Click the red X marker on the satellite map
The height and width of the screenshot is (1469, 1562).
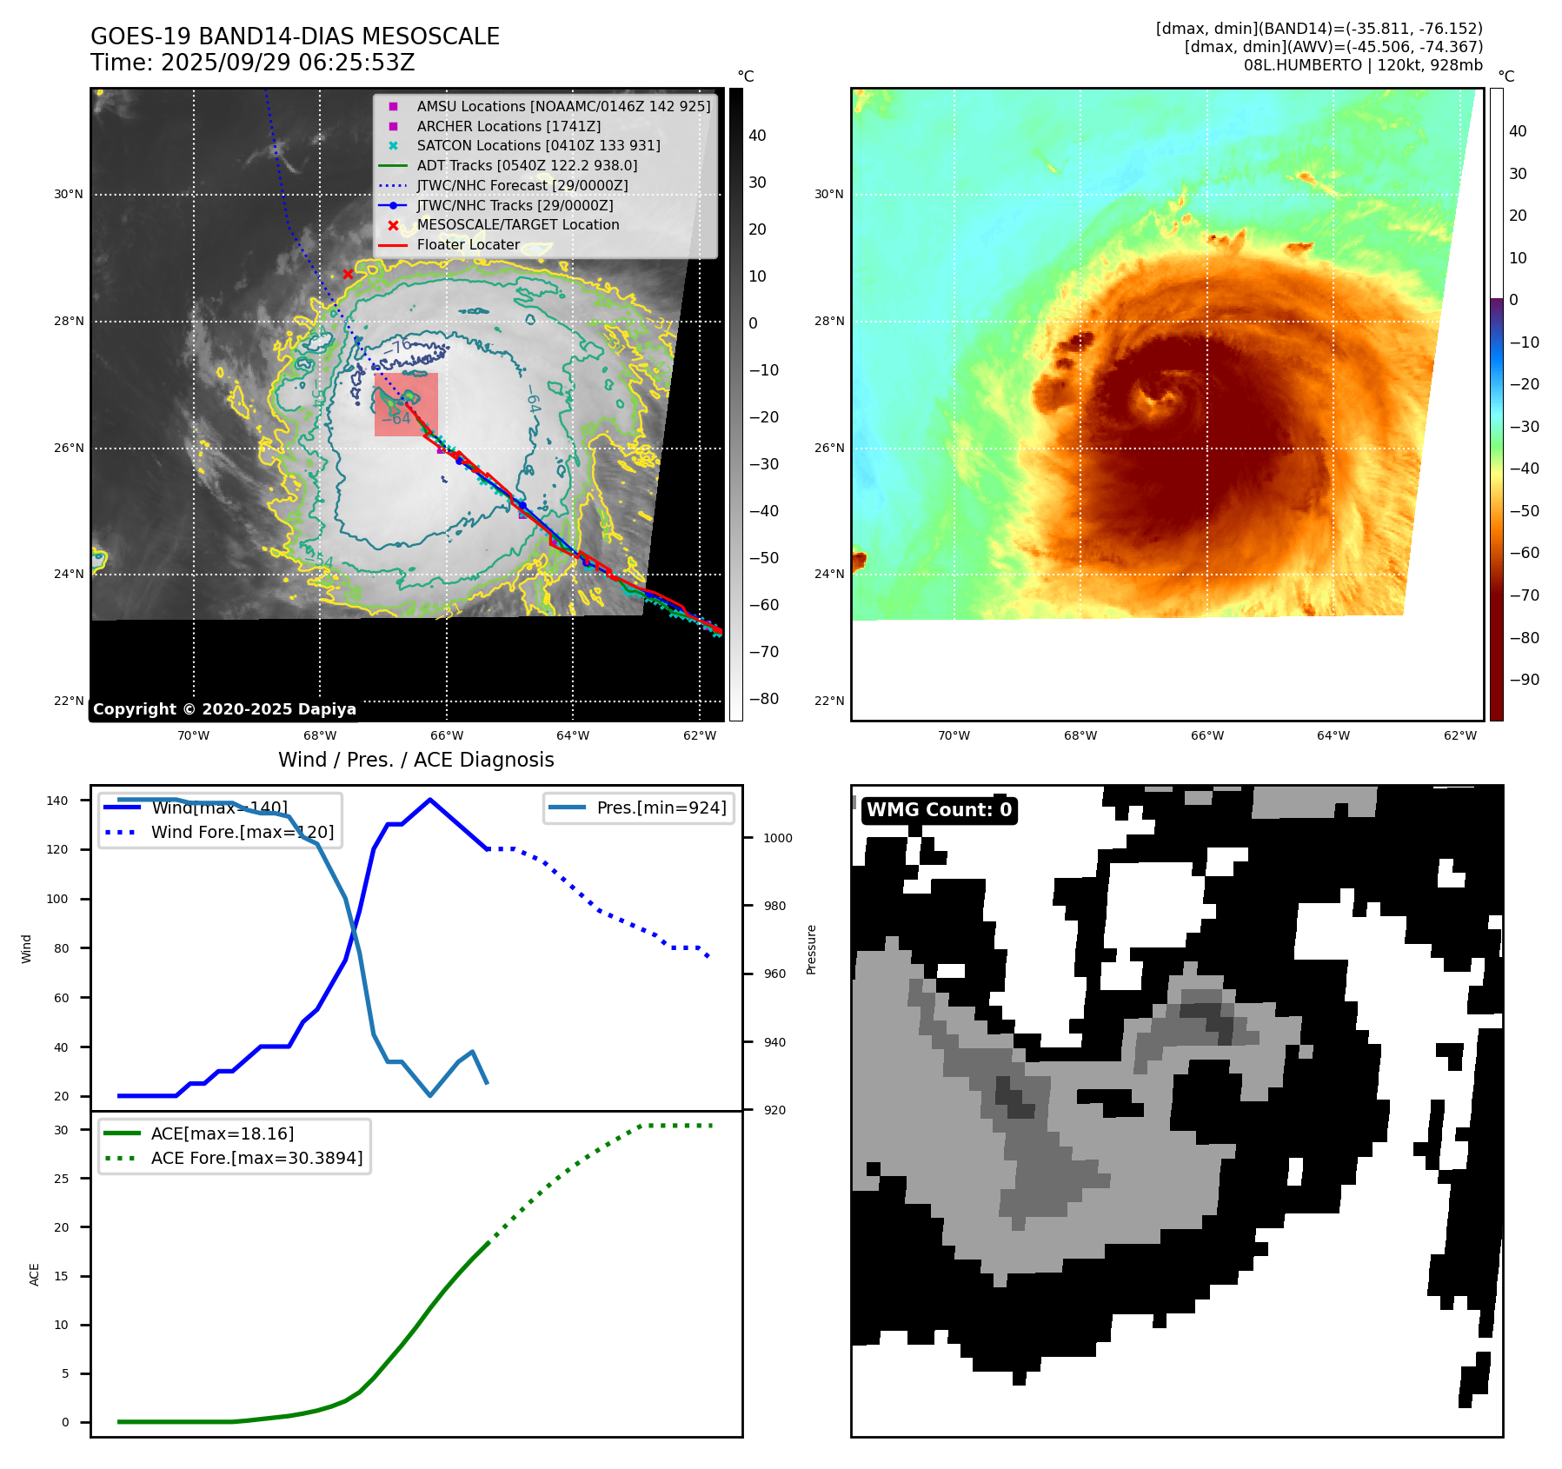(x=348, y=274)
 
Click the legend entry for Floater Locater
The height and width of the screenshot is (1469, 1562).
(x=468, y=245)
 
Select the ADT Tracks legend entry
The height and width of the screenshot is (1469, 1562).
(x=527, y=165)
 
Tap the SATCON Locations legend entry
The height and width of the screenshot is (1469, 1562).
(x=538, y=145)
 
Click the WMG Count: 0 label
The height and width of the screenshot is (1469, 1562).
(x=939, y=810)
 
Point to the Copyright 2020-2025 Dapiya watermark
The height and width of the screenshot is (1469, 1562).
(x=224, y=709)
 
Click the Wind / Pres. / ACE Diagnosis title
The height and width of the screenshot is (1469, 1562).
(x=415, y=760)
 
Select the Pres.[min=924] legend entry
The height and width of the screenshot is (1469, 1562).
(x=661, y=808)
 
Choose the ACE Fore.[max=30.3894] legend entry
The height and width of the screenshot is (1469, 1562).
(x=256, y=1158)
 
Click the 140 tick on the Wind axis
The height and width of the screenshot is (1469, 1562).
(x=57, y=801)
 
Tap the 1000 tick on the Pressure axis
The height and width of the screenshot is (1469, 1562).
(x=778, y=838)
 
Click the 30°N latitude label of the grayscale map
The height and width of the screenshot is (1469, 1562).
(x=69, y=195)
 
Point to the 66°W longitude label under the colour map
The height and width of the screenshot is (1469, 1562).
(x=1206, y=736)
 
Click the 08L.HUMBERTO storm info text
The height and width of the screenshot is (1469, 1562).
(x=1362, y=65)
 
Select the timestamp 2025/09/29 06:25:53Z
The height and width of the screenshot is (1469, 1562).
(x=287, y=63)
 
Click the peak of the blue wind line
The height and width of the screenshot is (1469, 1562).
(x=430, y=800)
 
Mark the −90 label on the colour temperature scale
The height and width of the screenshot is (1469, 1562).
(x=1524, y=680)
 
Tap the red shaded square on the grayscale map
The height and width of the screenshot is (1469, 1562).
(x=406, y=404)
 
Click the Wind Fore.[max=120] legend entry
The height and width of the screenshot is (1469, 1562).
(x=242, y=832)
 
